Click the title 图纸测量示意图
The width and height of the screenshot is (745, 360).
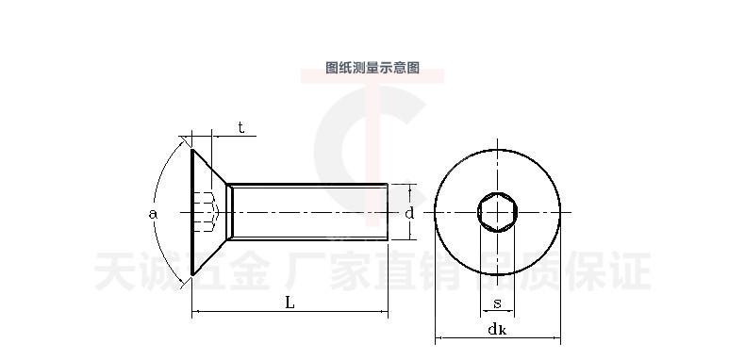(x=372, y=68)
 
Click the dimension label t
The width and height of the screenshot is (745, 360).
(x=241, y=128)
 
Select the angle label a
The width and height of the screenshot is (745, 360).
(x=153, y=214)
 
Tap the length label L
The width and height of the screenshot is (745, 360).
(x=290, y=303)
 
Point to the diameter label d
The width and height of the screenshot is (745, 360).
(x=409, y=213)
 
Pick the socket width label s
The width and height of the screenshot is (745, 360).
(x=497, y=303)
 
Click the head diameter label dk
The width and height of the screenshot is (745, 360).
(x=497, y=329)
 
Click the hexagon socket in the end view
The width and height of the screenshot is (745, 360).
(x=497, y=212)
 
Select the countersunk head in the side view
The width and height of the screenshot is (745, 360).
(x=209, y=212)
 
